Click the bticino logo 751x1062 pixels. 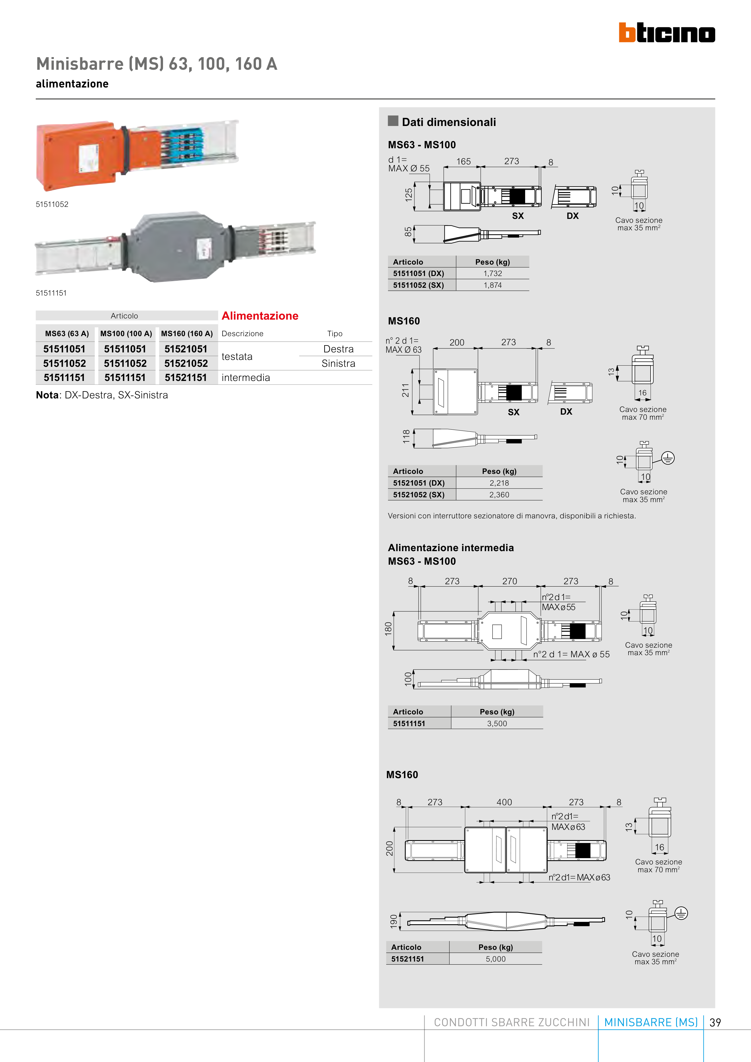(x=667, y=33)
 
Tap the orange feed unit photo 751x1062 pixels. (x=137, y=155)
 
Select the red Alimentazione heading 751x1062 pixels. (x=260, y=316)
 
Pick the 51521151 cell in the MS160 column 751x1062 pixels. (x=186, y=377)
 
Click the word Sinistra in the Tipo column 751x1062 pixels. (x=338, y=364)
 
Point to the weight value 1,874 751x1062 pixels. (x=493, y=285)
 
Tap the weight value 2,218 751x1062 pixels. (x=499, y=483)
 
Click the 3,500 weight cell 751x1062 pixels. (x=497, y=723)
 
